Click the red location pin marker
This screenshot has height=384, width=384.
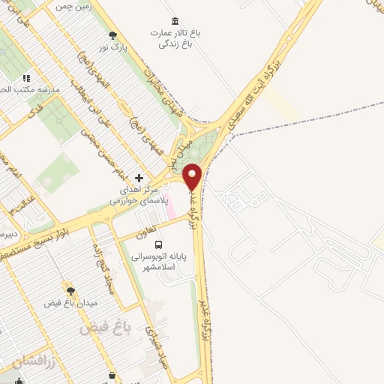193,175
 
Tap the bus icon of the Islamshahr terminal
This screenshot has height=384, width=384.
158,244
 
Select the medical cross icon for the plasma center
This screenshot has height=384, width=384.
138,178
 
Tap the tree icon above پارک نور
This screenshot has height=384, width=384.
112,34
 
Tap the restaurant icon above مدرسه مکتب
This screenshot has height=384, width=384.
26,77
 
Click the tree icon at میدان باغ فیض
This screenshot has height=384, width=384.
70,290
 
